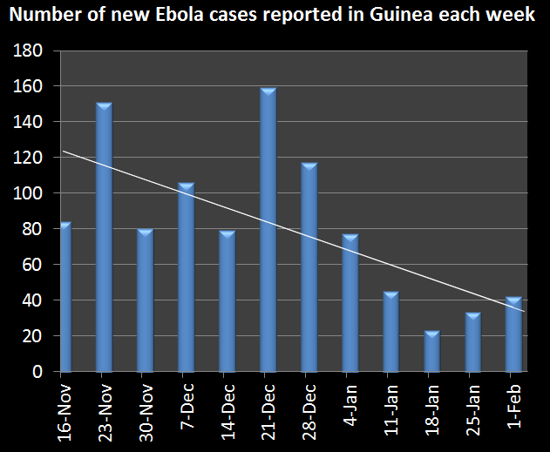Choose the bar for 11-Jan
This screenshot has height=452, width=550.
coord(391,332)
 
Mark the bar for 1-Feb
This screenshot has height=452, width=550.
coord(514,334)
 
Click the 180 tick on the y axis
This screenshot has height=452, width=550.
coord(32,51)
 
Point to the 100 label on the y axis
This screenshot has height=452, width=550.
coord(32,194)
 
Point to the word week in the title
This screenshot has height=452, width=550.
coord(511,17)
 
